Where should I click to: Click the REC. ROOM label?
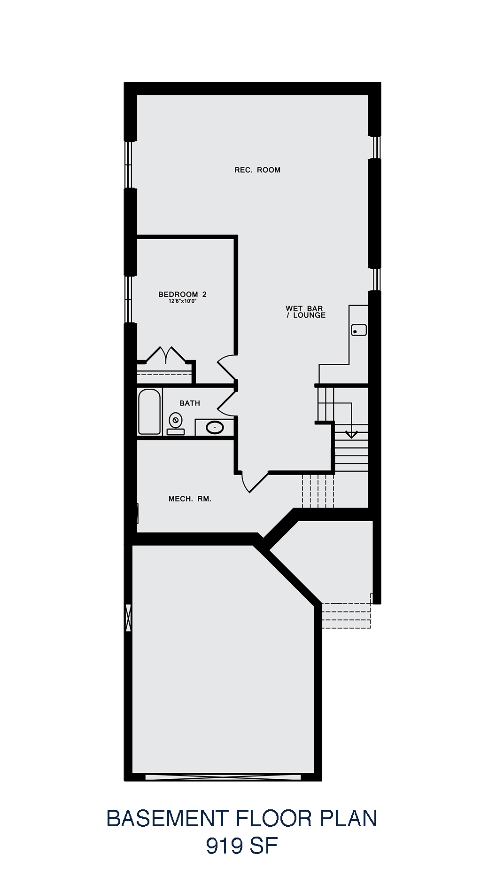(257, 170)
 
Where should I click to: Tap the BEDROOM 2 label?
(183, 294)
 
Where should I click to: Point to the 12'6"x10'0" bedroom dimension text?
(182, 301)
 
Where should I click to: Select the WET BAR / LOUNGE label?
(305, 312)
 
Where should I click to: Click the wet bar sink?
(359, 330)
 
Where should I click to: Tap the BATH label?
(190, 403)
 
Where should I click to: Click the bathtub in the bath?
(149, 412)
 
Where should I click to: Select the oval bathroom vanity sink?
(215, 428)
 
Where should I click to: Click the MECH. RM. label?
(190, 499)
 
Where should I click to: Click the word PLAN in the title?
(349, 818)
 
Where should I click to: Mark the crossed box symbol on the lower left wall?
(128, 618)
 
